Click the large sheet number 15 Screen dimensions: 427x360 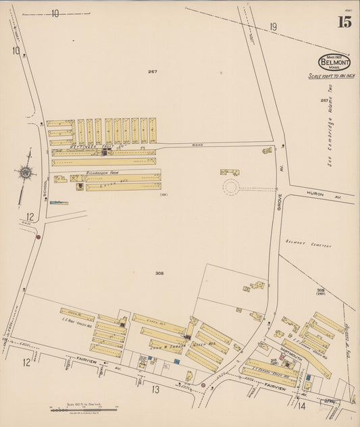(344, 22)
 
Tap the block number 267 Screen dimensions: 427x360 (153, 71)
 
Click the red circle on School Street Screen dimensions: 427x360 (38, 236)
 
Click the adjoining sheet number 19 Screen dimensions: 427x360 (273, 27)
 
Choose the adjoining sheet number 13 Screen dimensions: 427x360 (155, 389)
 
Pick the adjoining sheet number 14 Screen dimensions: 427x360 (301, 406)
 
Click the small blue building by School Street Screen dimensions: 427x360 (58, 202)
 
